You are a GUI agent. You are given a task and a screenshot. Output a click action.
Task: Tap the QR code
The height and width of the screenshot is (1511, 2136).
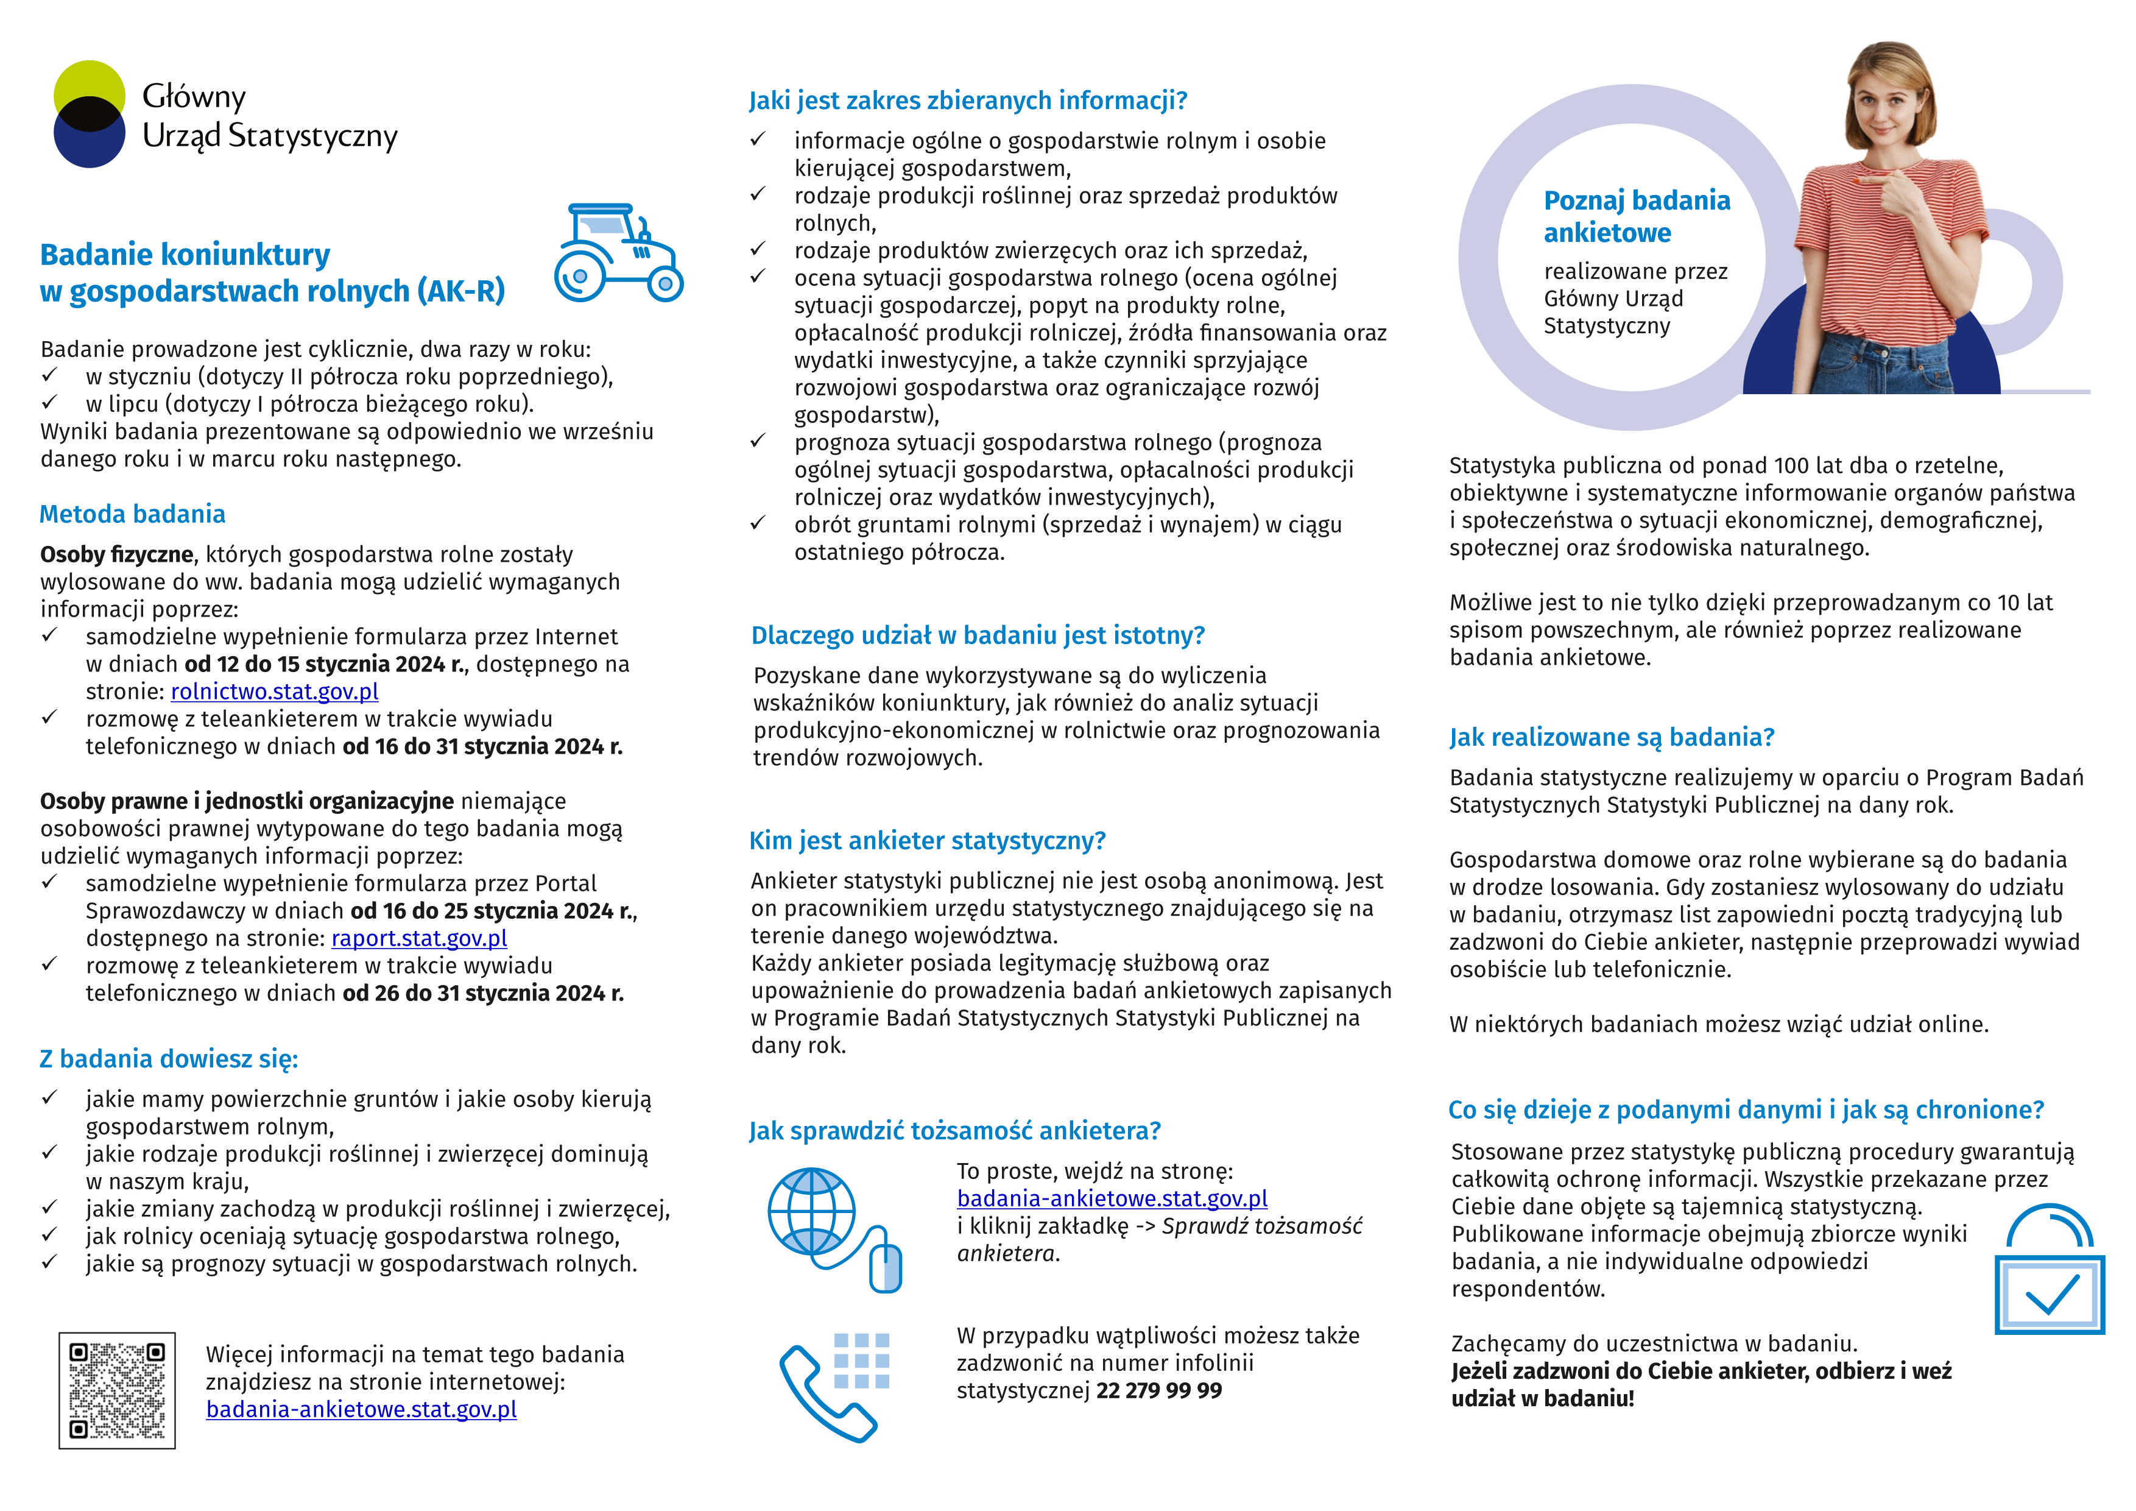(x=117, y=1390)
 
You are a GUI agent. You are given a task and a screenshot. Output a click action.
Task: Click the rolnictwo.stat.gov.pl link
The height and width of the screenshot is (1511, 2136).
(x=275, y=692)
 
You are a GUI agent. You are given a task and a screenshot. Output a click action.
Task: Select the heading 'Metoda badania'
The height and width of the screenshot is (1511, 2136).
(x=132, y=514)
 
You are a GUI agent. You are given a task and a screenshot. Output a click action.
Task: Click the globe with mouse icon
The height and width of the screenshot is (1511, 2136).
(x=831, y=1228)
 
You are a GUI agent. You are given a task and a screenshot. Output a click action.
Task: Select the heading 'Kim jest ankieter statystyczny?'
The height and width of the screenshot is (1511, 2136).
(x=926, y=840)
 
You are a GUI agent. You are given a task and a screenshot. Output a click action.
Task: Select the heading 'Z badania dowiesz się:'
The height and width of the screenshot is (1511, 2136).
(x=168, y=1059)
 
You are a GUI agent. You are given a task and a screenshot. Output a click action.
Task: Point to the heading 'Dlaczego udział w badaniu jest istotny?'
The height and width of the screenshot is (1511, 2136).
(x=978, y=635)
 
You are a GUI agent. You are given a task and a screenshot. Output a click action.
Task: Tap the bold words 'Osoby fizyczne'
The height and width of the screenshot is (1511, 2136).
(x=116, y=554)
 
